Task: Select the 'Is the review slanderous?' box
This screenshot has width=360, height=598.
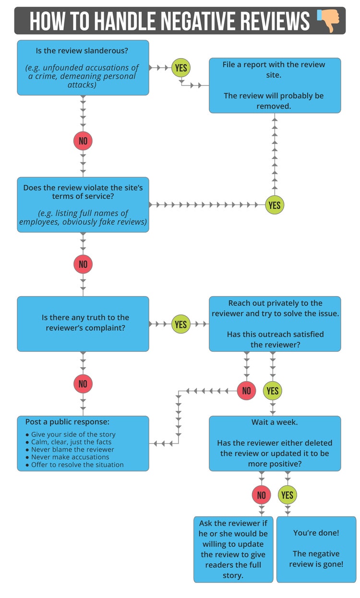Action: pos(83,67)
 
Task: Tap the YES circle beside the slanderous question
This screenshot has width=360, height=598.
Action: pos(181,68)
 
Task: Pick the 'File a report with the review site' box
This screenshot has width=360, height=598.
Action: pos(275,85)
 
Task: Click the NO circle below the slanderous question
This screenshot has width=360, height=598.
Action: pos(83,141)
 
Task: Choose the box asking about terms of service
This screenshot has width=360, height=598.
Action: pos(83,204)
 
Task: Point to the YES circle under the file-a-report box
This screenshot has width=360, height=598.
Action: pos(275,205)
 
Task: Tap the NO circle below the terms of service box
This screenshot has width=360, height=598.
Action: pos(83,264)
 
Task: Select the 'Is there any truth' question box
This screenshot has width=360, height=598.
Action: pos(83,323)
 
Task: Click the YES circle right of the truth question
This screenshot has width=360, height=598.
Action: pos(181,324)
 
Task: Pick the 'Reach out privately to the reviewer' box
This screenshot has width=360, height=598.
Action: pos(275,323)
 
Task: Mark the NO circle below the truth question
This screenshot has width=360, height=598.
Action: pos(83,383)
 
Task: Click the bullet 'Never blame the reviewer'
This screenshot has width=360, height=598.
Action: pos(72,450)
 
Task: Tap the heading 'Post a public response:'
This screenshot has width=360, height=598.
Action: pos(67,422)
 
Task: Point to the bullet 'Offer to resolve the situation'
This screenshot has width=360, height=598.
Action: pos(77,465)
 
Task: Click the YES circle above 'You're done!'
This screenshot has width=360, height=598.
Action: pos(288,495)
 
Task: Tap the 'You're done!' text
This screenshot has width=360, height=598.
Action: pos(316,533)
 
